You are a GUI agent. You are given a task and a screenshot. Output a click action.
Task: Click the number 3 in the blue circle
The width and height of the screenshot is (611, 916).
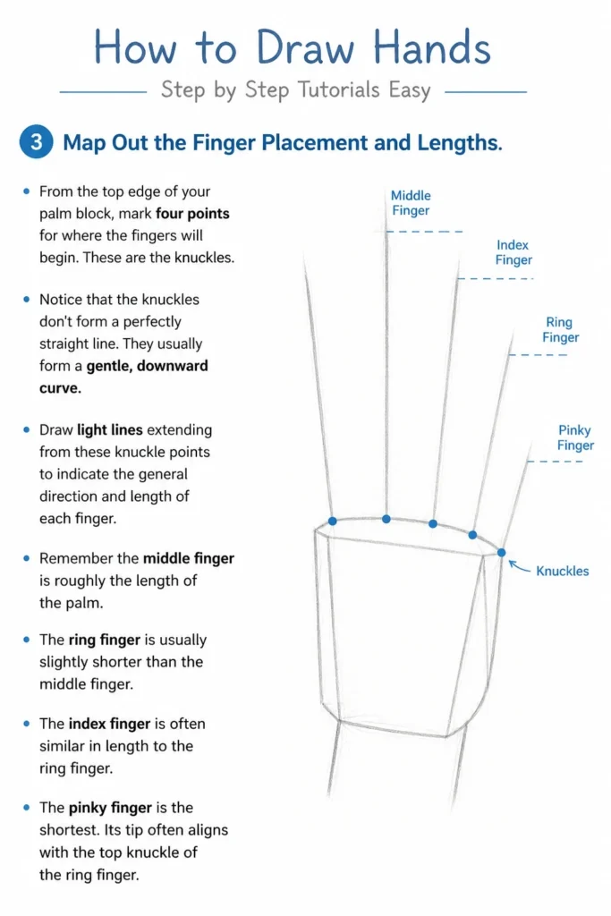(x=36, y=142)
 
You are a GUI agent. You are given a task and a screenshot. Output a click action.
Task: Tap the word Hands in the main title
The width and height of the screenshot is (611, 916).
(x=432, y=47)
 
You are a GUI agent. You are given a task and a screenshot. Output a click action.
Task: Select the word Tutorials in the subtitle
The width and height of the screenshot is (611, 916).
(x=339, y=90)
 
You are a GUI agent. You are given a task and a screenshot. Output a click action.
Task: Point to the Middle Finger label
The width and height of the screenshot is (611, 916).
(x=411, y=203)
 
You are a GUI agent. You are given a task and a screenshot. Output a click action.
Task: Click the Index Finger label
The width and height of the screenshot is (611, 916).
(x=513, y=252)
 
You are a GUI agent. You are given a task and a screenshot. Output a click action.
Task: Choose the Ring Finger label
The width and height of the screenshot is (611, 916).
(x=560, y=329)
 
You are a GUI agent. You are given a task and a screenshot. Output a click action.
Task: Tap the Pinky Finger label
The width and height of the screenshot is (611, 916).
(x=575, y=437)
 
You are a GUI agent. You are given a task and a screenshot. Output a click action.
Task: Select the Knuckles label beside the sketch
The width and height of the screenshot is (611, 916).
(x=563, y=571)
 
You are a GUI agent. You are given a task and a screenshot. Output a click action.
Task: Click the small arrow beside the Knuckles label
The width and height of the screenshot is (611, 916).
(x=519, y=566)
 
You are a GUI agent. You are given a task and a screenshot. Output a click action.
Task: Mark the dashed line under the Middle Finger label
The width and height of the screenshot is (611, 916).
(x=425, y=232)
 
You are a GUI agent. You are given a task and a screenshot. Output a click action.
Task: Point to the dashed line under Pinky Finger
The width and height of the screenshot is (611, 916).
(x=555, y=462)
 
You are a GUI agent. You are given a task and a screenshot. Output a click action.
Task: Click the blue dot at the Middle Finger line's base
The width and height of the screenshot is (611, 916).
(x=386, y=519)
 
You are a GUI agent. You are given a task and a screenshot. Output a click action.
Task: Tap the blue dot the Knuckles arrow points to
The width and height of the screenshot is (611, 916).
(x=501, y=552)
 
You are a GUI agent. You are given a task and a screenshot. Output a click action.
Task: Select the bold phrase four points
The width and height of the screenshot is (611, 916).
(x=192, y=214)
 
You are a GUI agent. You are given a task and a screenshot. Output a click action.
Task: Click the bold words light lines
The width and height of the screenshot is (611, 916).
(x=110, y=430)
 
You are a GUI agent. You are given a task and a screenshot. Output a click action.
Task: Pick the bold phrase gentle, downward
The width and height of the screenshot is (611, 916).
(x=148, y=366)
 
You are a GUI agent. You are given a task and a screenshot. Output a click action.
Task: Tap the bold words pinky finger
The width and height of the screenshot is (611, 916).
(x=110, y=808)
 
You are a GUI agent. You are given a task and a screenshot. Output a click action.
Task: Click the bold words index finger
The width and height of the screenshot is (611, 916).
(x=110, y=724)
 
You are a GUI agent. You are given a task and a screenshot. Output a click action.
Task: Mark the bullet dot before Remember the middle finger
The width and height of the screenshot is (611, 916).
(x=26, y=558)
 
